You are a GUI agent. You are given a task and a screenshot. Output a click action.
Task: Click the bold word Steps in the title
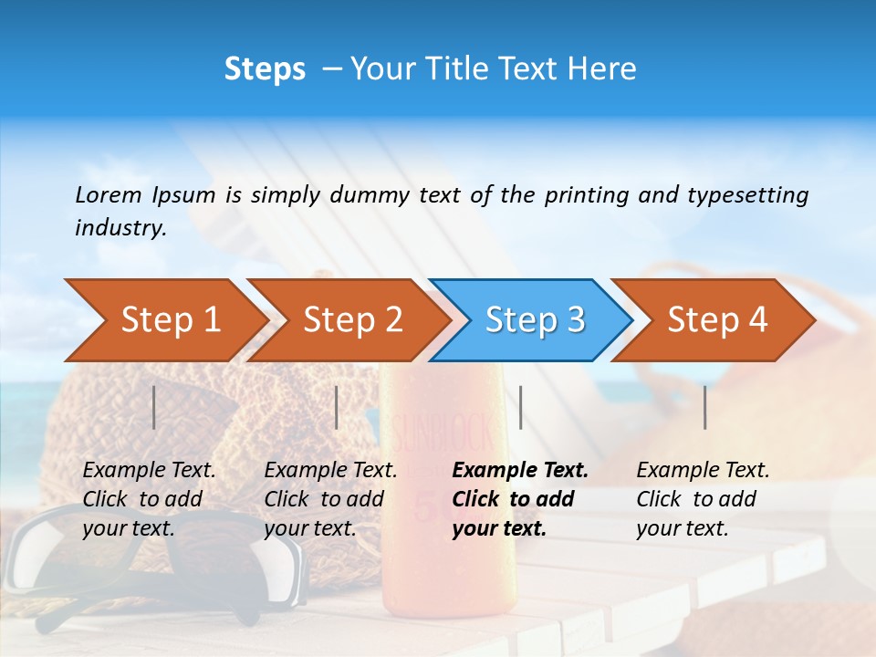click(265, 69)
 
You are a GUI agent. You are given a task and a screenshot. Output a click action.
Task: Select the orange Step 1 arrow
click(170, 319)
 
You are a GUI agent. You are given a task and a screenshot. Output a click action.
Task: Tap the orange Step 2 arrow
click(352, 319)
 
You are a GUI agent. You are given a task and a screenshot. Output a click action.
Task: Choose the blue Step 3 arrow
click(535, 319)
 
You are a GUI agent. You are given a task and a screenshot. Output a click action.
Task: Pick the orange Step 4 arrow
click(717, 319)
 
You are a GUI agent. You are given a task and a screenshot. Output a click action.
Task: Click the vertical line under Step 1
click(154, 407)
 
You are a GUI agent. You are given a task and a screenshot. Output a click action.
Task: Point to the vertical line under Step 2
click(337, 407)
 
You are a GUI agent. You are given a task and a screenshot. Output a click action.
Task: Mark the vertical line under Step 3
click(520, 407)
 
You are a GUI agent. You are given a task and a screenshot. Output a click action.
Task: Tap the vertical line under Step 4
click(705, 407)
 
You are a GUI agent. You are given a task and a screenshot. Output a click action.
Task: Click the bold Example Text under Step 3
click(520, 470)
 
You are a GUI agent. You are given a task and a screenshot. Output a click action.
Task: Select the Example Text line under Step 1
click(149, 470)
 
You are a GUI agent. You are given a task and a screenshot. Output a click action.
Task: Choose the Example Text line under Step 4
click(703, 470)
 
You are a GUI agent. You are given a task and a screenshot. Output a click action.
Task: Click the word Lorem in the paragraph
click(109, 194)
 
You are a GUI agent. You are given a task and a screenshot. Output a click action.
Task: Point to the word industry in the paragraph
click(120, 227)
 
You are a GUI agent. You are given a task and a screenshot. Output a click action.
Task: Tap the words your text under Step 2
click(309, 528)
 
